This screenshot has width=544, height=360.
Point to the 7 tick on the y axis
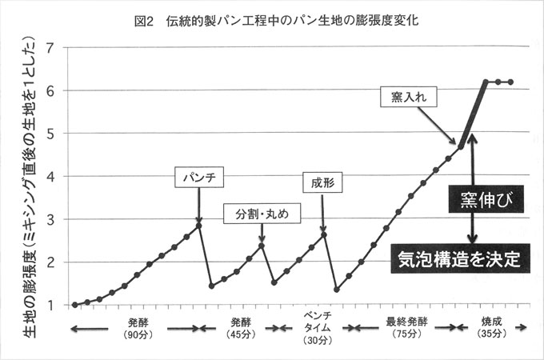pyautogui.click(x=53, y=47)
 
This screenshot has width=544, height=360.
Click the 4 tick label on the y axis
pyautogui.click(x=53, y=176)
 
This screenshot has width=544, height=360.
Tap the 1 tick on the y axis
pyautogui.click(x=53, y=305)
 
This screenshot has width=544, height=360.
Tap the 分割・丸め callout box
pyautogui.click(x=262, y=214)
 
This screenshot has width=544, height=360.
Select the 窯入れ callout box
pyautogui.click(x=406, y=98)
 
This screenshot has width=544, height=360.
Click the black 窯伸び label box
pyautogui.click(x=486, y=198)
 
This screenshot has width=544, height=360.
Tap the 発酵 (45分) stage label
pyautogui.click(x=240, y=327)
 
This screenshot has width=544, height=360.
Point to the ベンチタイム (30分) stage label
pyautogui.click(x=313, y=327)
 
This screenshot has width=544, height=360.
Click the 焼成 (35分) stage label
pyautogui.click(x=490, y=327)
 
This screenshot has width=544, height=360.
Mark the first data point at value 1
pyautogui.click(x=74, y=305)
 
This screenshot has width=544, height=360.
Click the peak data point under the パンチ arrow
pyautogui.click(x=198, y=226)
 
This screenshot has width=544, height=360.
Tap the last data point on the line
pyautogui.click(x=510, y=82)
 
